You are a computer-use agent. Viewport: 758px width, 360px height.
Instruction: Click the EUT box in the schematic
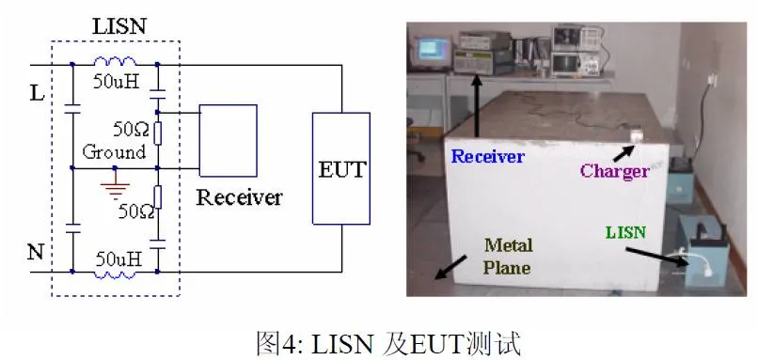coord(341,168)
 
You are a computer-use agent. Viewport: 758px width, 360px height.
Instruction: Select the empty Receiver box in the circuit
coord(229,141)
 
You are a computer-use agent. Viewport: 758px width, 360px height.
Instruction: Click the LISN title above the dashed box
coord(118,26)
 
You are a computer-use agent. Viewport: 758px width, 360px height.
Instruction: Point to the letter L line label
coord(37,93)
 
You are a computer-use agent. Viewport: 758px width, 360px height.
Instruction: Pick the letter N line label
coord(36,252)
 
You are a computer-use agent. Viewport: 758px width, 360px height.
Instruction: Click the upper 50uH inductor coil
coord(115,62)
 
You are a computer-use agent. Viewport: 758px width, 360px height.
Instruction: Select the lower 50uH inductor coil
coord(115,274)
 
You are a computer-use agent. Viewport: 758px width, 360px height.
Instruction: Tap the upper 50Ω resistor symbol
coord(158,133)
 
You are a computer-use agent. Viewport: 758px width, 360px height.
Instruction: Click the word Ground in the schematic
coord(114,151)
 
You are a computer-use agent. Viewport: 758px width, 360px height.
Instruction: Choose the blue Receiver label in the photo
coord(488,157)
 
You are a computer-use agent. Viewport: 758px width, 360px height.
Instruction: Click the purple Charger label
coord(614,171)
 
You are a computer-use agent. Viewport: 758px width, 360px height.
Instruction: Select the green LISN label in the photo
coord(625,232)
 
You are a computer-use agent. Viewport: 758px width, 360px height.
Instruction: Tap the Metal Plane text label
coord(508,256)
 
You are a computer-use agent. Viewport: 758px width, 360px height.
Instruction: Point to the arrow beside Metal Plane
coord(450,268)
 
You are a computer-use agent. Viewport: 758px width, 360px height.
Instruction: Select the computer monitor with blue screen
coord(432,51)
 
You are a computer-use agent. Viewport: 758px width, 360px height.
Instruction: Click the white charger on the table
coord(637,136)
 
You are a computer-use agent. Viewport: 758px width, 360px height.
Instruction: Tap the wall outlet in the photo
coord(709,80)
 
